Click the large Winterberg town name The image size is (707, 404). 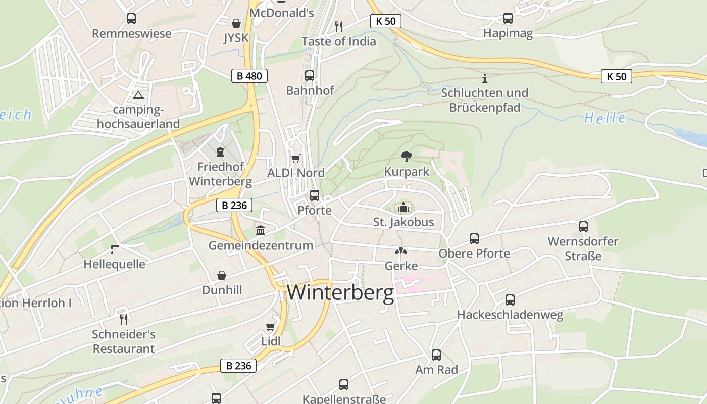point(340,293)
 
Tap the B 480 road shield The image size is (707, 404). point(249,76)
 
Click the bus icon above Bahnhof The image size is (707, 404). point(310,76)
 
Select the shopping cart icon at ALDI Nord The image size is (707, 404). point(296,158)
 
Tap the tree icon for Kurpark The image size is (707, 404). point(406,157)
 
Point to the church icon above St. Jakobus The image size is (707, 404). point(403,207)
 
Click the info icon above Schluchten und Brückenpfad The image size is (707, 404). point(485,78)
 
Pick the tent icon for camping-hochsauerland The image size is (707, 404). point(138,94)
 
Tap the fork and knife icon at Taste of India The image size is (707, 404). point(339,26)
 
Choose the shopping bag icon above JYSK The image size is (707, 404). point(236,23)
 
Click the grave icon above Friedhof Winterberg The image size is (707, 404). point(220,151)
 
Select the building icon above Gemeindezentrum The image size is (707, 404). point(261,230)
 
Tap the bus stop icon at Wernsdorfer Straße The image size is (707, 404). point(583,227)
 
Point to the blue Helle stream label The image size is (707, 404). point(604,118)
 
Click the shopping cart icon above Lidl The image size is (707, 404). point(271,327)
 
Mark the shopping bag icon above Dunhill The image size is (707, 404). point(222,275)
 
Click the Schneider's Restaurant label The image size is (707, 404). point(124,341)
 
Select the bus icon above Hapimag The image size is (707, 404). point(508,18)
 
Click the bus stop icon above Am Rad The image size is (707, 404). point(436,355)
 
